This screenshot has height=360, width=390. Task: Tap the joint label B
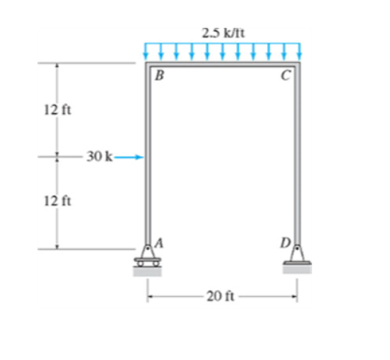[159, 76]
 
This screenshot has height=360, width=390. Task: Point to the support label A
[160, 242]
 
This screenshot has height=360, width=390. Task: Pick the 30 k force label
[99, 157]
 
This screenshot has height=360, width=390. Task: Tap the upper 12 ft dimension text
[54, 108]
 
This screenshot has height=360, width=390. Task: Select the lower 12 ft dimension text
[54, 202]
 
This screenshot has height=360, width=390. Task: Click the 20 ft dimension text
[222, 296]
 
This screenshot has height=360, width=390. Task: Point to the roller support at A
[147, 256]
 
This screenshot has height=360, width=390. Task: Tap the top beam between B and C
[223, 65]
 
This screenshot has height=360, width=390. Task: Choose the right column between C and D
[297, 156]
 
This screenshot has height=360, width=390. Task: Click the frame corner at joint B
[148, 65]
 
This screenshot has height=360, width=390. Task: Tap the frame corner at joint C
[297, 65]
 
